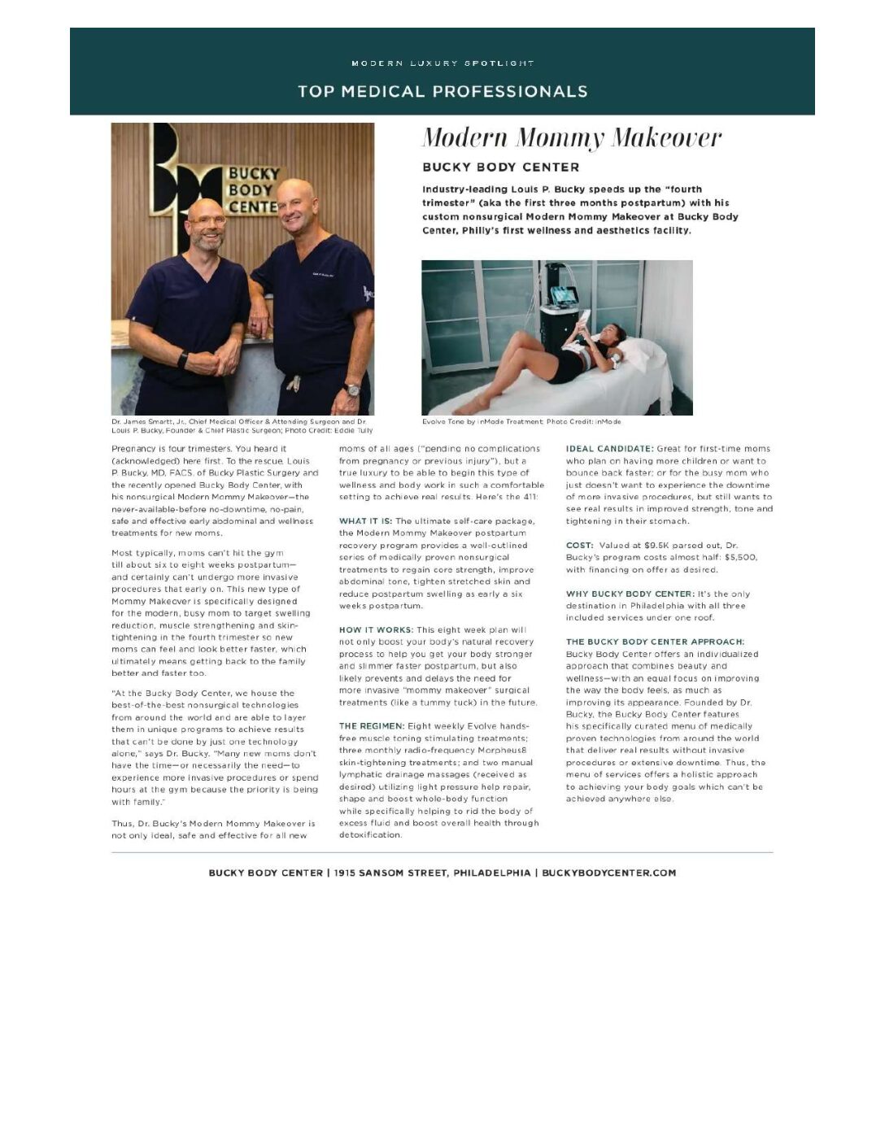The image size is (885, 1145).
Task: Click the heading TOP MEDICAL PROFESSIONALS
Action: (x=442, y=91)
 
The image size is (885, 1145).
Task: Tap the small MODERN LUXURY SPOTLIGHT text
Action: (x=442, y=63)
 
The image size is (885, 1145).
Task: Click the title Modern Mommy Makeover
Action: (x=571, y=137)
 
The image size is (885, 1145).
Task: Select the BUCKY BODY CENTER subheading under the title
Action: (x=500, y=168)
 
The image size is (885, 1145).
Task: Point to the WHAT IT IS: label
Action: (x=365, y=521)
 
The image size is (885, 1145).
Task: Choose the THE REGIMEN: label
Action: (x=371, y=726)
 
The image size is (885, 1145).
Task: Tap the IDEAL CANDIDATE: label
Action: (x=609, y=449)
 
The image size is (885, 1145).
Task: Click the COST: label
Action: (x=579, y=546)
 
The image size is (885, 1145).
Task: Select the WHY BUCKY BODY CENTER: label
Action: (x=630, y=594)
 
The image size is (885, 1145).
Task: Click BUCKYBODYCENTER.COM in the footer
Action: (x=608, y=873)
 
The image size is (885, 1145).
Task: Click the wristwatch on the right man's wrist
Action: (x=352, y=390)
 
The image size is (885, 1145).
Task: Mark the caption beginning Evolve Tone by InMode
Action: (x=521, y=422)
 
